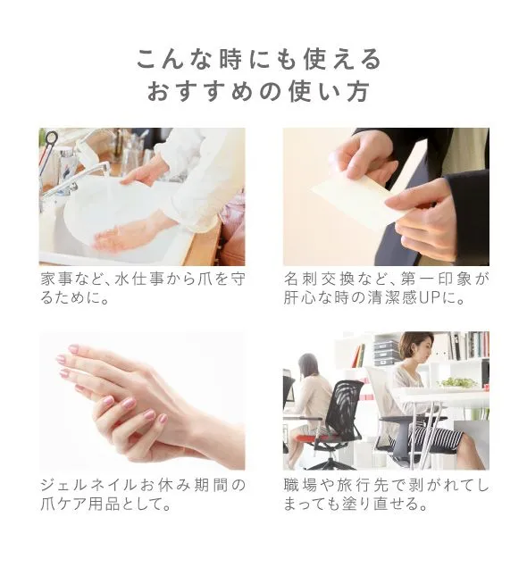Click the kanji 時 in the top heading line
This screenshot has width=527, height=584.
coord(231,59)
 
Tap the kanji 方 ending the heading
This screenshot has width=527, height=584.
coord(358,92)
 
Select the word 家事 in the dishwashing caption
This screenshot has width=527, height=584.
coord(56,279)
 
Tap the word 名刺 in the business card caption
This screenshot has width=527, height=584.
coord(300,279)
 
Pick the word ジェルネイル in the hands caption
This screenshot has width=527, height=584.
coord(89,486)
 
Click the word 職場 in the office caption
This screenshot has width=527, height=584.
coord(300,486)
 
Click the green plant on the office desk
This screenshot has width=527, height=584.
coord(457,382)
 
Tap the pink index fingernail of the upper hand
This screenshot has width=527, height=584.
coord(73,349)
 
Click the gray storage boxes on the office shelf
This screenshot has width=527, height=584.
coord(386,353)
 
